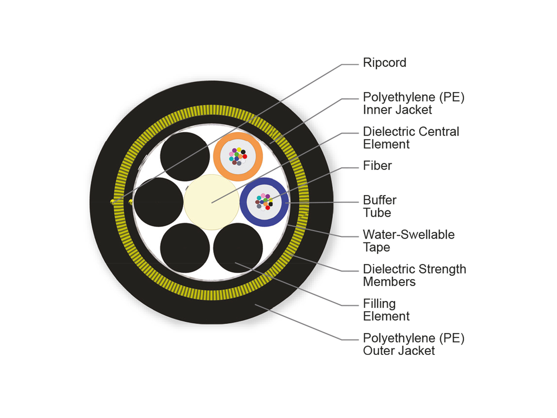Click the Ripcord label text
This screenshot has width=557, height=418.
pos(384,63)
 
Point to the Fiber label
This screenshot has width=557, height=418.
pos(377,166)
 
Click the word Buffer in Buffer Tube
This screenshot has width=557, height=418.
pos(380,200)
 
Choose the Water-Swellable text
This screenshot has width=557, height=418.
pos(408,235)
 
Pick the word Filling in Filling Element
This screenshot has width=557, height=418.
pos(379,304)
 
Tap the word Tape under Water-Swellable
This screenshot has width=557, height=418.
pos(376,247)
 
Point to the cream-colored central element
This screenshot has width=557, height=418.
pos(211,202)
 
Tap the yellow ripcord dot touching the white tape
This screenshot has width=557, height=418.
pos(131,202)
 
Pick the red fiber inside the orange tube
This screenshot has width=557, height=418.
pos(245,157)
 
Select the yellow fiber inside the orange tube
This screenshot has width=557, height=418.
pos(239,150)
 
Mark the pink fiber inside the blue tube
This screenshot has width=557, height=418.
pos(263,196)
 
